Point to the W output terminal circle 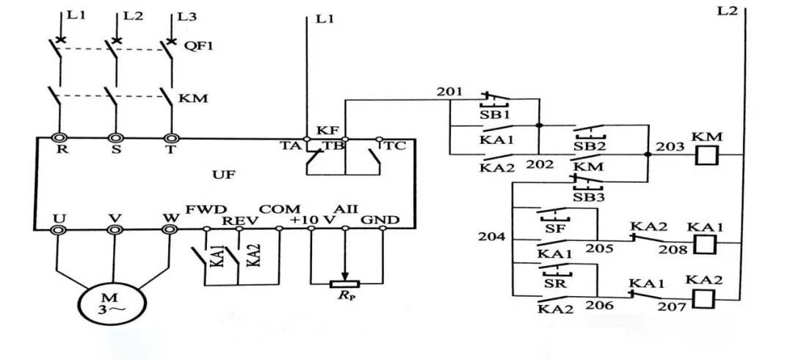click(170, 229)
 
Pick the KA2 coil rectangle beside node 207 click(705, 298)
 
